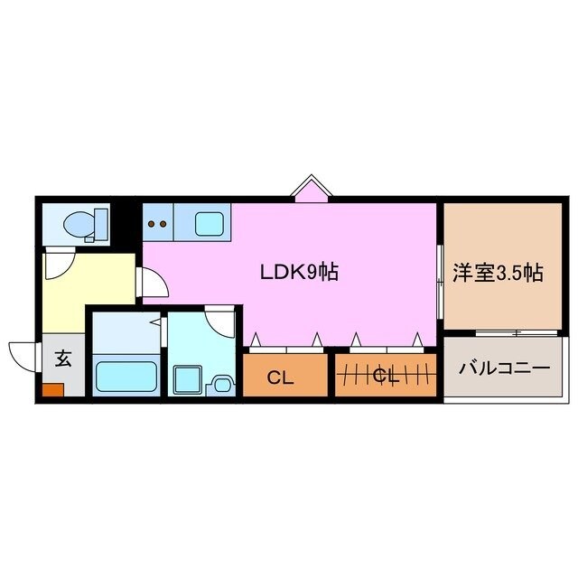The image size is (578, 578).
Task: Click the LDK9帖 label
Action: point(299,272)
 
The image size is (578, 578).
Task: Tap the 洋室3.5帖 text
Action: point(497,272)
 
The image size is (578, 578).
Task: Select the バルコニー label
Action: point(504,369)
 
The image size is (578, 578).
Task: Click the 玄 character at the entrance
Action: point(63,358)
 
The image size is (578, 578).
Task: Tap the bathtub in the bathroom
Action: point(126,374)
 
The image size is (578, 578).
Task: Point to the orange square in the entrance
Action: point(51,392)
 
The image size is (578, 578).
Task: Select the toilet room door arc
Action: point(59,264)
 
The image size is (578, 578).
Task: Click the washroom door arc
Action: point(219,320)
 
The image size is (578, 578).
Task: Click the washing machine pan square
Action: point(188,378)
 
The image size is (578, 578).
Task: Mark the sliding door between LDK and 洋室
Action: point(439,280)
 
